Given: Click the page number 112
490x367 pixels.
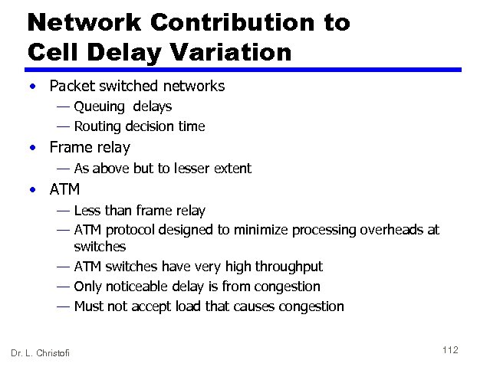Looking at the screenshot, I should (450, 350).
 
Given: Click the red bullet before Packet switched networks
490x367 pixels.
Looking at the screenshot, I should (34, 87).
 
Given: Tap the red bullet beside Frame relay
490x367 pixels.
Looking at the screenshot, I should (34, 148).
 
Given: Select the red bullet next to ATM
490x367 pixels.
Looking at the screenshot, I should (34, 189).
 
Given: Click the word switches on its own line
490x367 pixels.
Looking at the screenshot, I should (100, 247).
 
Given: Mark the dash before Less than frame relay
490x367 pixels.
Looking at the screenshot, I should (62, 210).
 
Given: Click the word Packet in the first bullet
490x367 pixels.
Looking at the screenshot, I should (71, 86).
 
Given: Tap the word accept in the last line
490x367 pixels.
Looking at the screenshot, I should (159, 307).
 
